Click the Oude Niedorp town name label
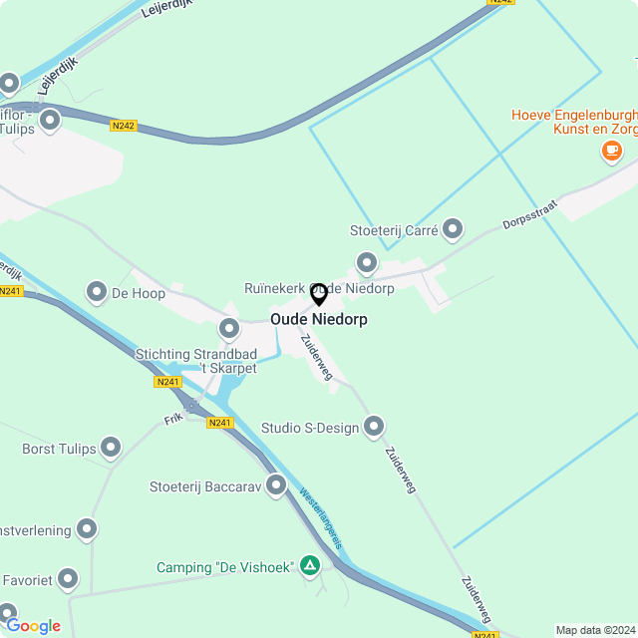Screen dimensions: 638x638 (319, 320)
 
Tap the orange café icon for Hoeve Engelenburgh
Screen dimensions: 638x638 (611, 151)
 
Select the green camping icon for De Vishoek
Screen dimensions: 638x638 (310, 566)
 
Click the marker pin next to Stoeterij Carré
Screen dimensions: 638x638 (453, 230)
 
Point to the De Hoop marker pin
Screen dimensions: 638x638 (97, 292)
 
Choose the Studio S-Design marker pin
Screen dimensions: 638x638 (374, 427)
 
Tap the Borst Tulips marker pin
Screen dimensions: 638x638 (111, 449)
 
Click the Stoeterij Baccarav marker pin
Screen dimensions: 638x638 (276, 485)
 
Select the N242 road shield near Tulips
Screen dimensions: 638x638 (124, 126)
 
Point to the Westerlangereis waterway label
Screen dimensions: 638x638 (321, 519)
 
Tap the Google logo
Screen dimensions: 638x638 (33, 626)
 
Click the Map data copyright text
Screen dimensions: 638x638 (595, 630)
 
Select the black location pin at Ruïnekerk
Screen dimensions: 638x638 (319, 294)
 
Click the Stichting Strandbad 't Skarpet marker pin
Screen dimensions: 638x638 (229, 328)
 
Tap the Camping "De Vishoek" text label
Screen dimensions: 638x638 (224, 567)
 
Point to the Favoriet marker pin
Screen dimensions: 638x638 (68, 578)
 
